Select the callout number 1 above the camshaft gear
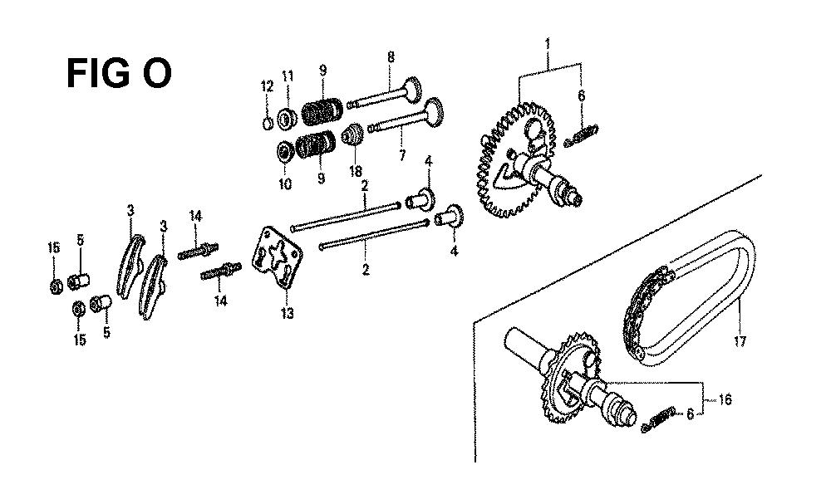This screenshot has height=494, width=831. pyautogui.click(x=548, y=42)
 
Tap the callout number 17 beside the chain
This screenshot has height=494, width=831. pyautogui.click(x=740, y=341)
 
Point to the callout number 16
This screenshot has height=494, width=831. pyautogui.click(x=725, y=399)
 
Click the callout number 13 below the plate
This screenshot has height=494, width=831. pyautogui.click(x=287, y=314)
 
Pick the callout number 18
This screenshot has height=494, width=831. pyautogui.click(x=356, y=172)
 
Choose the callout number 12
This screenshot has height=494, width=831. pyautogui.click(x=267, y=86)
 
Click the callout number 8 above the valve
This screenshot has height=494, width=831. pyautogui.click(x=391, y=56)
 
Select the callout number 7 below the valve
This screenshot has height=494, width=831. pyautogui.click(x=402, y=155)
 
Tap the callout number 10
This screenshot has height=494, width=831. pyautogui.click(x=285, y=183)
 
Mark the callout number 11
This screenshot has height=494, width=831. pyautogui.click(x=288, y=76)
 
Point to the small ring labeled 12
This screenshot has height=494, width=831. pyautogui.click(x=268, y=124)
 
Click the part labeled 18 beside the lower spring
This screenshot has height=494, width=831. pyautogui.click(x=351, y=135)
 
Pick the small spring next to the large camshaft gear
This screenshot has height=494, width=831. pyautogui.click(x=582, y=136)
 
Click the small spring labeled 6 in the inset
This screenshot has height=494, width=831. pyautogui.click(x=657, y=419)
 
